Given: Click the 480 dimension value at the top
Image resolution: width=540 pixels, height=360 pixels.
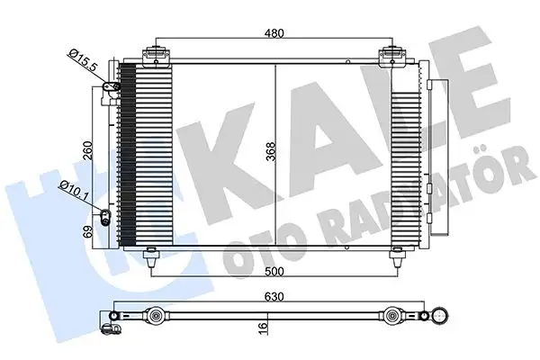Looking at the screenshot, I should [x=274, y=33].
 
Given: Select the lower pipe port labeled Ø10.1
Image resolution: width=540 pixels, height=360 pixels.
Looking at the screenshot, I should [x=103, y=215].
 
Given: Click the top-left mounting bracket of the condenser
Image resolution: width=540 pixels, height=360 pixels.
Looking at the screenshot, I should [x=159, y=55].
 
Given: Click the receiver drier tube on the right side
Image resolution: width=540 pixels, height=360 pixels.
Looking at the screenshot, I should [x=431, y=162].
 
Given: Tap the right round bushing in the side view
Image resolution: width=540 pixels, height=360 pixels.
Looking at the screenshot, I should [x=392, y=317].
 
